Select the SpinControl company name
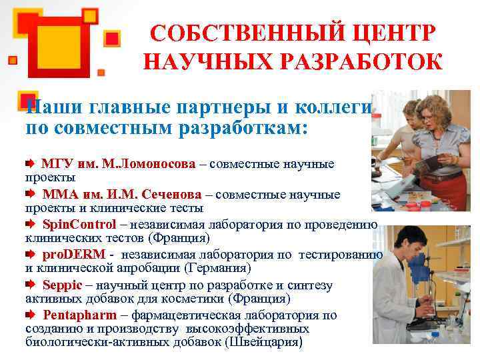[x=79, y=224]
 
